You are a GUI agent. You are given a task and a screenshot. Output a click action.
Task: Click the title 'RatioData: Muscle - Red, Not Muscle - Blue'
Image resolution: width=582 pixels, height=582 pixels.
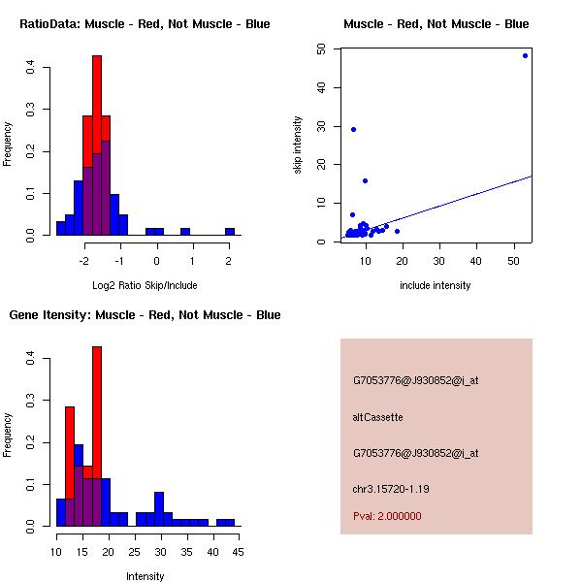tap(145, 24)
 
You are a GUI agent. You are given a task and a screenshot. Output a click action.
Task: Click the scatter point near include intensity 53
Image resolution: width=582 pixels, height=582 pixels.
tap(525, 55)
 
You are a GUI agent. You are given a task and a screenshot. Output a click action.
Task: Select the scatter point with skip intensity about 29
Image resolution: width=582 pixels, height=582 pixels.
tap(353, 129)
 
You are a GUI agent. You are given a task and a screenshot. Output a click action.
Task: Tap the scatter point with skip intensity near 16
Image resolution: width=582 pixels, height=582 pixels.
tap(365, 180)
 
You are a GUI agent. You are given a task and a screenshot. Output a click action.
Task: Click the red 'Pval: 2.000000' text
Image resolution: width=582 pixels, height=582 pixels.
tap(387, 516)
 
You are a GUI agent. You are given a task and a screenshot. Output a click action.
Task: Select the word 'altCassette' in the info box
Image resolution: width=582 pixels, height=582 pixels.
tap(377, 417)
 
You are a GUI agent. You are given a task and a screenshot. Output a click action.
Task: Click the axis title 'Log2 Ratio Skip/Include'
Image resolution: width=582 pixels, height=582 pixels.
tap(145, 285)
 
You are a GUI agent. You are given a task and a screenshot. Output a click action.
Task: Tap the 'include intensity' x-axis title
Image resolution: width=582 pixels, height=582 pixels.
tap(436, 285)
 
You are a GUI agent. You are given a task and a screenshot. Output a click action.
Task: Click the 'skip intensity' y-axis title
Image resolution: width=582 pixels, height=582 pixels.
tap(299, 145)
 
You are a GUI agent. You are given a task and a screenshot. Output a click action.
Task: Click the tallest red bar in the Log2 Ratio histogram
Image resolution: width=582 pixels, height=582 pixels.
tap(97, 97)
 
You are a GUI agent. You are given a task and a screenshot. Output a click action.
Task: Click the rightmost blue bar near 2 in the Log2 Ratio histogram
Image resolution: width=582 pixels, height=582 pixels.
tap(230, 232)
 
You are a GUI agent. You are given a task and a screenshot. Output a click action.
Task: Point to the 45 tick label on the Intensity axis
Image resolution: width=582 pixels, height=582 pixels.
tap(238, 553)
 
